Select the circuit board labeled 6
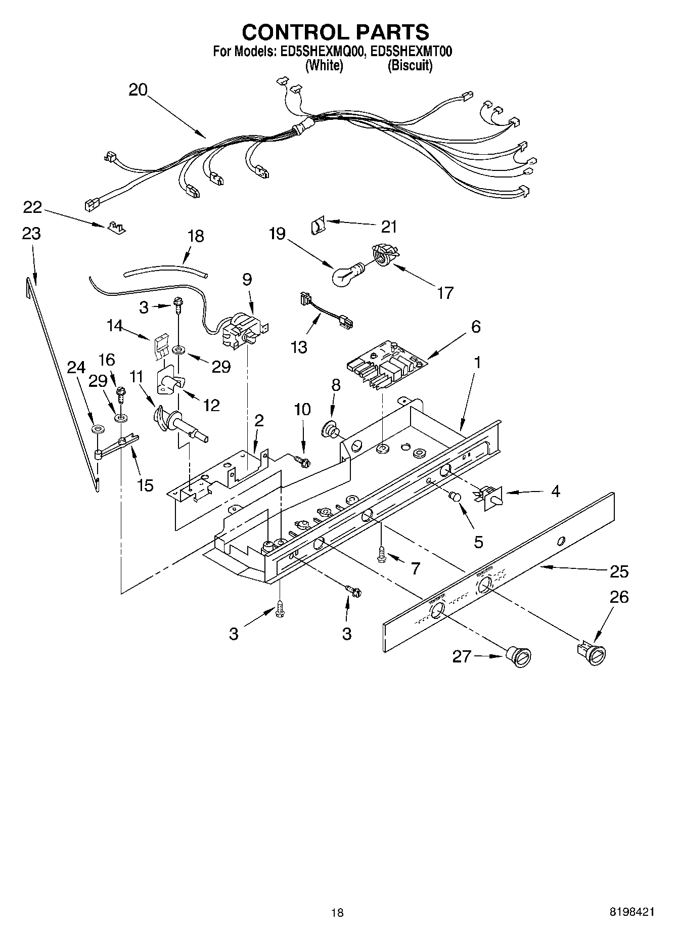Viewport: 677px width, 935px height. point(387,363)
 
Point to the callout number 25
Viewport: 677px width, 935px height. point(619,571)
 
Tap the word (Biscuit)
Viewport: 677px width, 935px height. point(410,66)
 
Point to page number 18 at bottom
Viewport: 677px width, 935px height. point(337,913)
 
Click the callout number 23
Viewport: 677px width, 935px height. point(31,234)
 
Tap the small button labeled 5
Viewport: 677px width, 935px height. point(455,497)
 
